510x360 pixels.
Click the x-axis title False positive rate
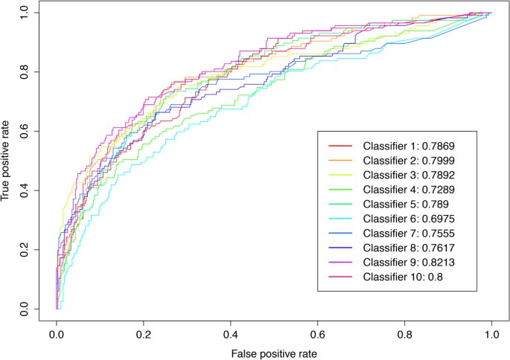tap(273, 354)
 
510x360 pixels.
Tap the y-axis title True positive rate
tap(7, 160)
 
